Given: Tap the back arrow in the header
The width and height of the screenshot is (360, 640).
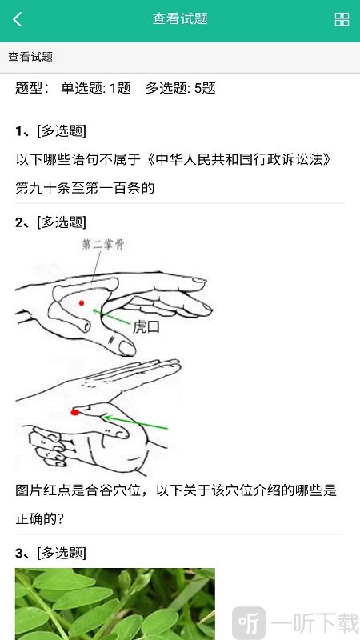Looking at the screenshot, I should tap(18, 20).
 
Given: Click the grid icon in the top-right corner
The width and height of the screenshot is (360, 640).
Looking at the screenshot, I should tap(342, 20).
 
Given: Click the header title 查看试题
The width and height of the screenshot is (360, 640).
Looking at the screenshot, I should tap(180, 19).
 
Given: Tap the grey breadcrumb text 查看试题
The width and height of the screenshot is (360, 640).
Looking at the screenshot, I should tap(30, 57).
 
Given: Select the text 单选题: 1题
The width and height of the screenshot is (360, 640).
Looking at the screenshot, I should tap(95, 88).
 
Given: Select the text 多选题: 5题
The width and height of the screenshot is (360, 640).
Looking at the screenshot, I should tap(181, 88).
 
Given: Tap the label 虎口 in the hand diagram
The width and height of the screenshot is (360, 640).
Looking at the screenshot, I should tap(146, 326).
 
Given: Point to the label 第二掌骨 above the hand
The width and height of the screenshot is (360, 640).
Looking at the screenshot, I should tap(102, 246).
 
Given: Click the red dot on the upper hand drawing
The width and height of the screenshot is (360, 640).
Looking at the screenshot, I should tap(82, 302).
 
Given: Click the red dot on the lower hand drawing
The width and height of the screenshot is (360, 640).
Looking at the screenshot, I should tap(74, 412).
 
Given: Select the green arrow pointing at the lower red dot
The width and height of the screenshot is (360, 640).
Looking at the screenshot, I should tap(136, 422).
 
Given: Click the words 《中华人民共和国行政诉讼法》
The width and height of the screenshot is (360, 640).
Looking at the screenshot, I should tap(238, 159).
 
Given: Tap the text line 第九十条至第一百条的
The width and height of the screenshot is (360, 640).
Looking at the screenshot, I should tap(84, 188).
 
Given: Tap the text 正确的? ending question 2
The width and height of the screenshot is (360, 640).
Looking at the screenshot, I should tap(39, 518).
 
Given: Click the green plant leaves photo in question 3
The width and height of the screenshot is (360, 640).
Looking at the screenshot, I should tap(114, 604).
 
